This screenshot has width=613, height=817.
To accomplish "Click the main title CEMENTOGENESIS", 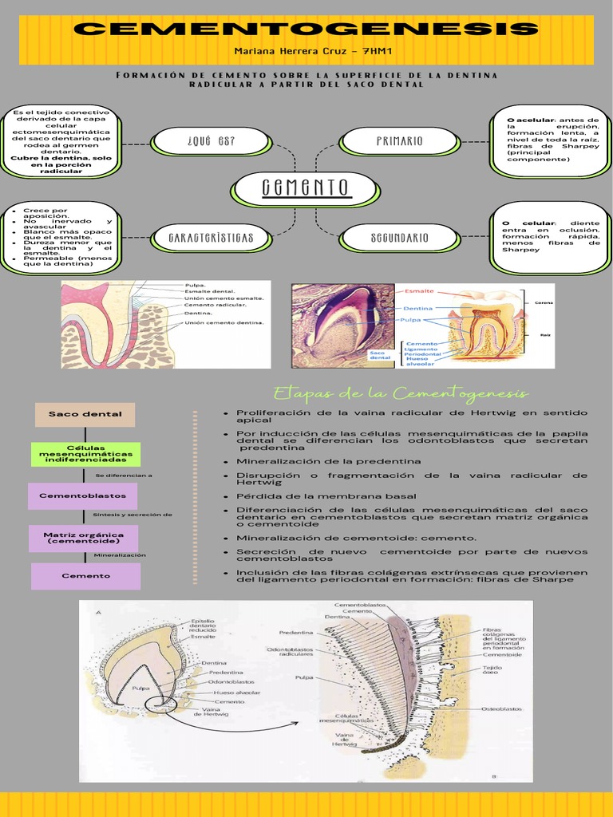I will [306, 30].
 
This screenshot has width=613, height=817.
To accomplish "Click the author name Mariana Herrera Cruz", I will [306, 50].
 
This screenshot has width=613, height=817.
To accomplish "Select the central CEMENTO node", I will [305, 189].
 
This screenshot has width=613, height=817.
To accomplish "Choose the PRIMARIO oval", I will [399, 142].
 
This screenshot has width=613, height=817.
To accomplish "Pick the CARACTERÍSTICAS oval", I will [211, 238].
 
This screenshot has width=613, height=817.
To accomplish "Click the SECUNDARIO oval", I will [399, 238].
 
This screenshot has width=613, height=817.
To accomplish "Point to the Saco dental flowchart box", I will [85, 414].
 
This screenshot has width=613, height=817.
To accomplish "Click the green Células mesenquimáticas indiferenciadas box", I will [85, 454].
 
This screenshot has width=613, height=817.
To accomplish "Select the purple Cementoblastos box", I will [83, 495].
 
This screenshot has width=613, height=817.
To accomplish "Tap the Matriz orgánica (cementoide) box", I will [83, 538].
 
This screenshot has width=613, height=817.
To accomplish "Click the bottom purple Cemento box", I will [85, 575].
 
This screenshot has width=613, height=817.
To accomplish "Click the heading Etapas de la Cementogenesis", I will [401, 393].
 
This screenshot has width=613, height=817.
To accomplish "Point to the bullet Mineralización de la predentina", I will [329, 461].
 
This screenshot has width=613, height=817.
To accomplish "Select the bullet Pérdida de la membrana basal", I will [326, 496].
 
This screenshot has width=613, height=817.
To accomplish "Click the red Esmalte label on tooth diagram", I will [419, 292].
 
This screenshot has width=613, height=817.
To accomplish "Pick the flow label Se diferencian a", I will [124, 476].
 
